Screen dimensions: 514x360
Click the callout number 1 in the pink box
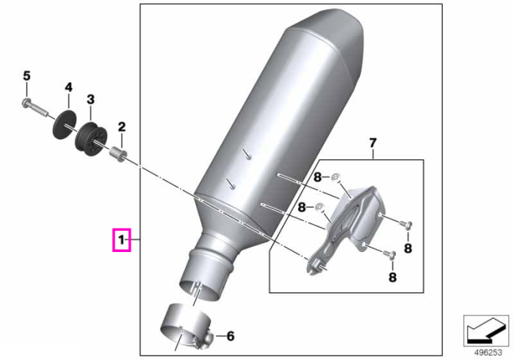[x=122, y=240]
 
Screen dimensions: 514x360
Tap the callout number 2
[x=122, y=127]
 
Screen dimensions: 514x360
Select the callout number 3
[x=90, y=99]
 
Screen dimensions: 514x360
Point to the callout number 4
[x=68, y=87]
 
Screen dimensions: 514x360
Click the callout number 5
[x=26, y=76]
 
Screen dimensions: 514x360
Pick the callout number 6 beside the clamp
[x=231, y=336]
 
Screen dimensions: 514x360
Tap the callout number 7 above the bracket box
[x=373, y=143]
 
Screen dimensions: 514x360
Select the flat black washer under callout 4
[x=65, y=126]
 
